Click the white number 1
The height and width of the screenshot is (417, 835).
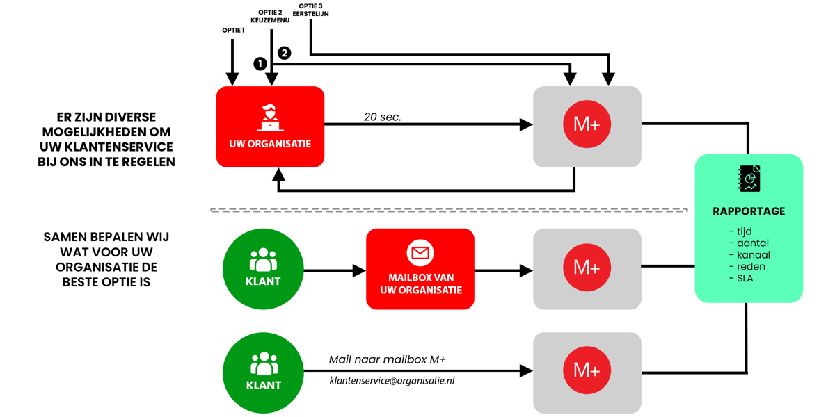point(260,64)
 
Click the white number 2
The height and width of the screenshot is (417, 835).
point(284,53)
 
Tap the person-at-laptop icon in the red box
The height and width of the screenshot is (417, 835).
point(270,117)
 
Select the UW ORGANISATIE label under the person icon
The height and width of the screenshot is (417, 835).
point(270,145)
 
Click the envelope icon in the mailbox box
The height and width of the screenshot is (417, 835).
point(420,252)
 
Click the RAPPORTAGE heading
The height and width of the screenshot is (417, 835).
point(749,211)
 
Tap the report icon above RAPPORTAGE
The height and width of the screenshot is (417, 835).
point(749,179)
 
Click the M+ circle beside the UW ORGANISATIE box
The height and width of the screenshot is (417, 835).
point(587,125)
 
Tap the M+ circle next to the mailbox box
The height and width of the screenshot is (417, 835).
point(587,268)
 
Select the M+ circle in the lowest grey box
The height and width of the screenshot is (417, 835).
point(587,370)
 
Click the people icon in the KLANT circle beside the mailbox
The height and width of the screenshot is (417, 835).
point(263,260)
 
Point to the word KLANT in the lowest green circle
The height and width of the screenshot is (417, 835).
point(263,385)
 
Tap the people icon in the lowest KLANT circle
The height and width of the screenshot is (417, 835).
point(263,363)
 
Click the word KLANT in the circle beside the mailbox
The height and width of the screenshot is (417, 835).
point(263,281)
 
